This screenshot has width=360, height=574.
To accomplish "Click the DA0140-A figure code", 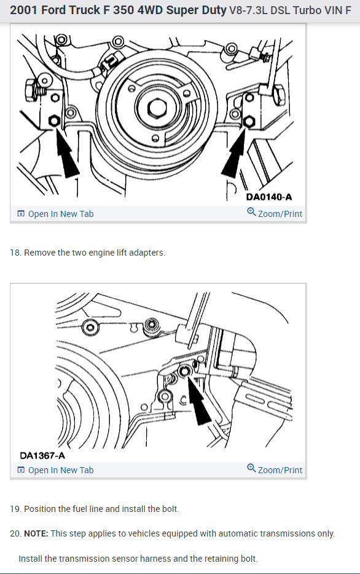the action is click(x=269, y=197).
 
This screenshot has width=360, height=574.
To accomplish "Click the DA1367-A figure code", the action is click(x=42, y=455).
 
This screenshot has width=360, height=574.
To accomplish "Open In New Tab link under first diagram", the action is click(x=56, y=214).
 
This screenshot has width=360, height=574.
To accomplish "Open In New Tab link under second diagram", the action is click(x=56, y=470).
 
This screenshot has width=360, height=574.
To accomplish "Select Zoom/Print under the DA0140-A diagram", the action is click(x=275, y=213).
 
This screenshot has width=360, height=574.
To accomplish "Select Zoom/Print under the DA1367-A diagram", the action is click(x=275, y=470).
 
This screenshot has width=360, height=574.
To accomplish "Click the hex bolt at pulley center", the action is click(x=158, y=108).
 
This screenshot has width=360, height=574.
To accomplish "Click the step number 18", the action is click(x=15, y=253).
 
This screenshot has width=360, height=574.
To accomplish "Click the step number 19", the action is click(x=15, y=509).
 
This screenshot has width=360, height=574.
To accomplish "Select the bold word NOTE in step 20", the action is click(x=36, y=533).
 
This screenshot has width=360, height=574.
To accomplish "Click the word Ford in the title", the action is click(x=52, y=10).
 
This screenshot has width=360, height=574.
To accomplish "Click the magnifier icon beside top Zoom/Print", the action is click(x=251, y=212).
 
